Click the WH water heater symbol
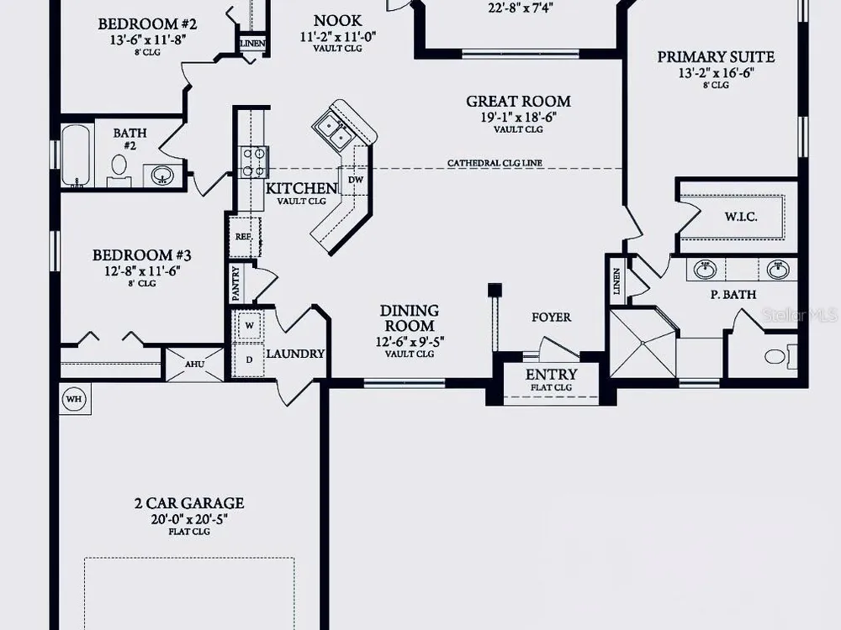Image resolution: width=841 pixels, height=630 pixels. tap(74, 399)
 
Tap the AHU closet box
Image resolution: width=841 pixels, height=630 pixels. tap(194, 365)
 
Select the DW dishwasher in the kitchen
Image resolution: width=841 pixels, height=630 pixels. tap(356, 180)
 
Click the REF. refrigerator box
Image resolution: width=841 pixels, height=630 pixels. tap(245, 236)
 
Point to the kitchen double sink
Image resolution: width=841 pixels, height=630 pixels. tap(334, 131)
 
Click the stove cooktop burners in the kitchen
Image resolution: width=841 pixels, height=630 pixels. tap(253, 162)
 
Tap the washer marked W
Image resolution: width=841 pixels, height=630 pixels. tap(249, 324)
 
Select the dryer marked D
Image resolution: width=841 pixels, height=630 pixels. tap(249, 360)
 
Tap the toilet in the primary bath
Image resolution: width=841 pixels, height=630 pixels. tap(780, 356)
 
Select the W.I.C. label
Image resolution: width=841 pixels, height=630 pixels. tap(741, 217)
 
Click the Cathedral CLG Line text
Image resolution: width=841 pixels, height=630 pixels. tap(495, 163)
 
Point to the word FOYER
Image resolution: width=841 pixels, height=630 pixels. tap(552, 318)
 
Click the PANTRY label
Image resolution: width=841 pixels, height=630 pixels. tap(236, 283)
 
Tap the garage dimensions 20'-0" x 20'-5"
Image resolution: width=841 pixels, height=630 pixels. tap(189, 519)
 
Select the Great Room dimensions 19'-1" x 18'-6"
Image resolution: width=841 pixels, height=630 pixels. tap(518, 118)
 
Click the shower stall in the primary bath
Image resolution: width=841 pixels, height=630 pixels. tap(643, 343)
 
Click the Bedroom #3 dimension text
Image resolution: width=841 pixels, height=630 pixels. tap(142, 271)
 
